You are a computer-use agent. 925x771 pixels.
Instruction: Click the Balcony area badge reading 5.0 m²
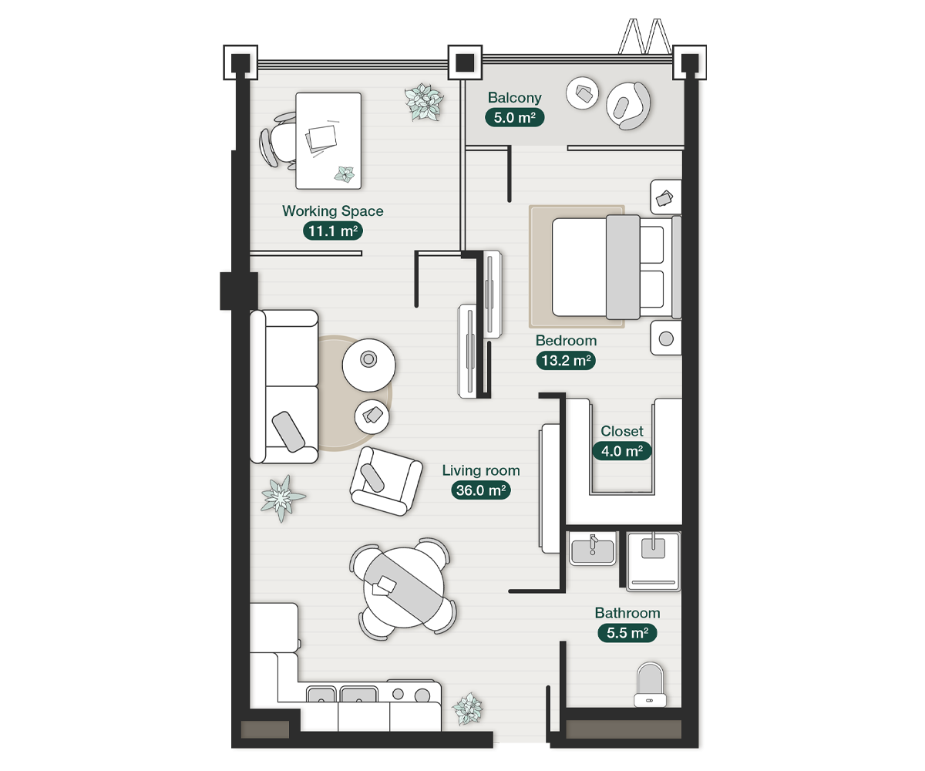click(514, 117)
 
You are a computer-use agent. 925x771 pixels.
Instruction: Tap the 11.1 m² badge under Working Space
click(332, 231)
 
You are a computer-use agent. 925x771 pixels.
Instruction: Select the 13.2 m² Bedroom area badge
click(566, 360)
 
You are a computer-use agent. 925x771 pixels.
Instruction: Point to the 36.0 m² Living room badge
click(481, 490)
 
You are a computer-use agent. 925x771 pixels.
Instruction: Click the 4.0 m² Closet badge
click(621, 451)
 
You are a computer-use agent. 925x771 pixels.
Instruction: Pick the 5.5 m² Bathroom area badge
click(627, 633)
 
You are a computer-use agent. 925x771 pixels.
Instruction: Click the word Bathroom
click(627, 613)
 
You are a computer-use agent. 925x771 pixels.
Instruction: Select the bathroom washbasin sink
click(593, 550)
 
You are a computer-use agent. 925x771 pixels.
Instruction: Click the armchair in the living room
click(385, 480)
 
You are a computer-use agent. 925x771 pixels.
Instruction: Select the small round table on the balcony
click(584, 94)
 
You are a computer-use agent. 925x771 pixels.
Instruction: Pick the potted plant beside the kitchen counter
click(467, 709)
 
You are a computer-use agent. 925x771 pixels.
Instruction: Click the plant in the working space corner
click(424, 102)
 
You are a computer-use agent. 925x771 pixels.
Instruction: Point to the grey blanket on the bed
click(623, 267)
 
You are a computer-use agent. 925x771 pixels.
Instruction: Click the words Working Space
click(332, 210)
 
